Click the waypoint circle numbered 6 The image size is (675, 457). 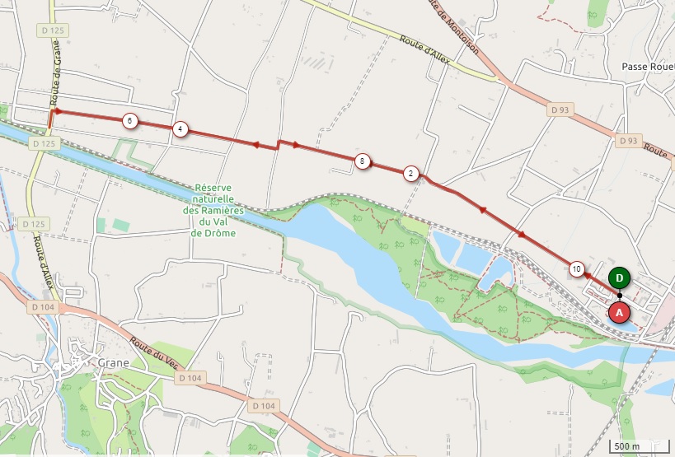[129, 121]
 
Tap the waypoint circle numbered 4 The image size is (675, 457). [180, 129]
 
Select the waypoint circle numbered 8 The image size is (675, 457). [362, 161]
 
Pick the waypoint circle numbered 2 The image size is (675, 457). [410, 173]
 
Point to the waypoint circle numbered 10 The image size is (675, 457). [577, 268]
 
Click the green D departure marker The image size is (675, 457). [620, 278]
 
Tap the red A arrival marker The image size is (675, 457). [620, 313]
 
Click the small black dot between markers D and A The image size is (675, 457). [620, 296]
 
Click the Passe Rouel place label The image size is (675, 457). [648, 67]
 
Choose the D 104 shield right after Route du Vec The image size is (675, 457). [190, 378]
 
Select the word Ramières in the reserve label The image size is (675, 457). [223, 211]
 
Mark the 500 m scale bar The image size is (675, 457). [640, 446]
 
